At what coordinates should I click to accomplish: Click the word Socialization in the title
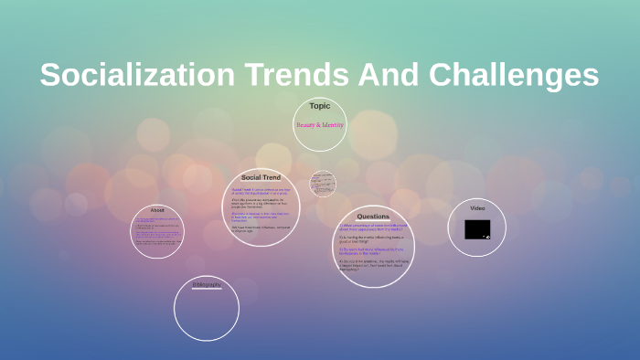[x=135, y=75]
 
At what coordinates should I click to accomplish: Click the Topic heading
[x=320, y=106]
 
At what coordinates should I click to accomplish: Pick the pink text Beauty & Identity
[x=320, y=124]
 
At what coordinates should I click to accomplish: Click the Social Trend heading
[x=261, y=176]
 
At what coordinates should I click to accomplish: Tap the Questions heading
[x=373, y=217]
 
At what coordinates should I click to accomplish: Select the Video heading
[x=477, y=208]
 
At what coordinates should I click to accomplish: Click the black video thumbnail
[x=476, y=229]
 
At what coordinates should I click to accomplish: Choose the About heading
[x=157, y=210]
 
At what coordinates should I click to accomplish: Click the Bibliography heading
[x=207, y=285]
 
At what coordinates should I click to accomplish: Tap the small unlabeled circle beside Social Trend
[x=322, y=184]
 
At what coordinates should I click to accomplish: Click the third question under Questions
[x=372, y=250]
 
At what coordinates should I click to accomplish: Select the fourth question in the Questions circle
[x=372, y=265]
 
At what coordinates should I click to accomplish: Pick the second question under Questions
[x=372, y=238]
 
